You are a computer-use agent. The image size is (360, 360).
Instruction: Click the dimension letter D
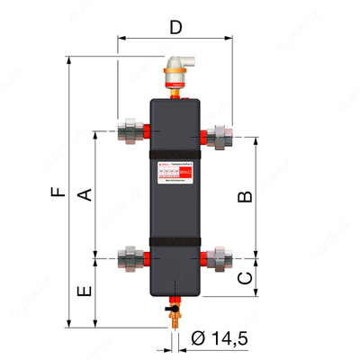(x=175, y=27)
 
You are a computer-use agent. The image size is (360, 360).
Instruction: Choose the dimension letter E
(x=84, y=293)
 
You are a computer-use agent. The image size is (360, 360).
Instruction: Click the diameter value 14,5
(x=226, y=339)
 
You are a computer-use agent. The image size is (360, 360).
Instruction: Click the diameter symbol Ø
(x=198, y=339)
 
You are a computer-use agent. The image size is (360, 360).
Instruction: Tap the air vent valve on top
(x=175, y=71)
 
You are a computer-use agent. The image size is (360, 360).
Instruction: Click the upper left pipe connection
(x=129, y=130)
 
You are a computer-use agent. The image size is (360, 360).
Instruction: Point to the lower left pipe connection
(x=129, y=256)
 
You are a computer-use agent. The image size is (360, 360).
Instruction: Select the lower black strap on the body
(x=175, y=242)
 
